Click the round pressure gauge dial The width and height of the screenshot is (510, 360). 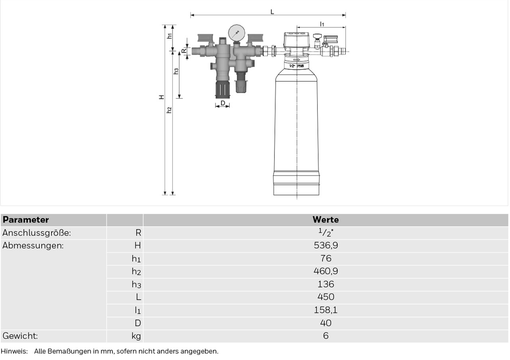(237, 33)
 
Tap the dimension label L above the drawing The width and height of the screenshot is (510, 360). (272, 12)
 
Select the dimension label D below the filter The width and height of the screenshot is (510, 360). (223, 103)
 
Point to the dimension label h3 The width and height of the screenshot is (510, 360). (176, 71)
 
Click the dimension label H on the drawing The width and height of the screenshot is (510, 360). (161, 97)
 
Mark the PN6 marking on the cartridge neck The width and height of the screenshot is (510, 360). (300, 66)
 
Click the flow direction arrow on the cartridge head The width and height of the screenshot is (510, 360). (296, 60)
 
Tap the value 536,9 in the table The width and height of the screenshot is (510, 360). (326, 245)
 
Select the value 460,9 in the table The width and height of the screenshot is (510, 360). (326, 271)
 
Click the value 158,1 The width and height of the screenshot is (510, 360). (326, 310)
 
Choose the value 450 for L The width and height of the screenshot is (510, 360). (326, 297)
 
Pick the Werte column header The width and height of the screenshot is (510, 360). (326, 219)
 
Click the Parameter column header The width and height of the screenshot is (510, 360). (26, 219)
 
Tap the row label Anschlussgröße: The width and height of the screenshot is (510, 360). (37, 233)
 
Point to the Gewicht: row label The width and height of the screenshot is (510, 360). (20, 336)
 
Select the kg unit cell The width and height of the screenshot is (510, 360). (136, 336)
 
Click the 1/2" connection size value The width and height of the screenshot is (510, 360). (326, 233)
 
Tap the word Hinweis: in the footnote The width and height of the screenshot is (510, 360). (14, 351)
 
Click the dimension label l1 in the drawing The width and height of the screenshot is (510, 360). (322, 24)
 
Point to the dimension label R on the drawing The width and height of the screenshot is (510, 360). (184, 51)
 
